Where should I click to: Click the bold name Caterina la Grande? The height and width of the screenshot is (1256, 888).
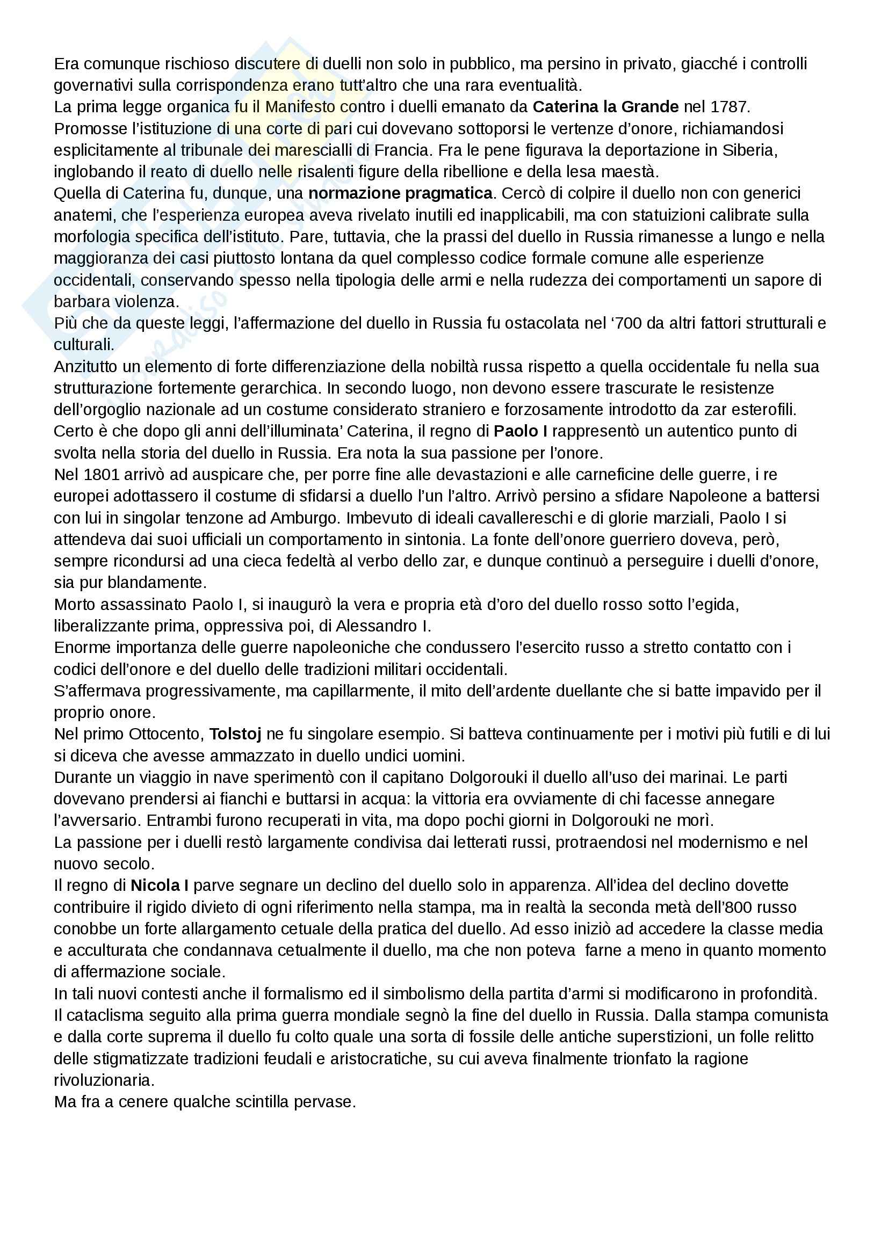(605, 107)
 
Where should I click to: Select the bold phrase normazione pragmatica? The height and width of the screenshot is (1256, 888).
(400, 193)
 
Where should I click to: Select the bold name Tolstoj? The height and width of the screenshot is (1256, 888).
(235, 734)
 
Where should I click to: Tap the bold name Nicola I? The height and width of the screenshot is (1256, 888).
(160, 885)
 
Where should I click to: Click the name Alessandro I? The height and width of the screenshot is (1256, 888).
(383, 626)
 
